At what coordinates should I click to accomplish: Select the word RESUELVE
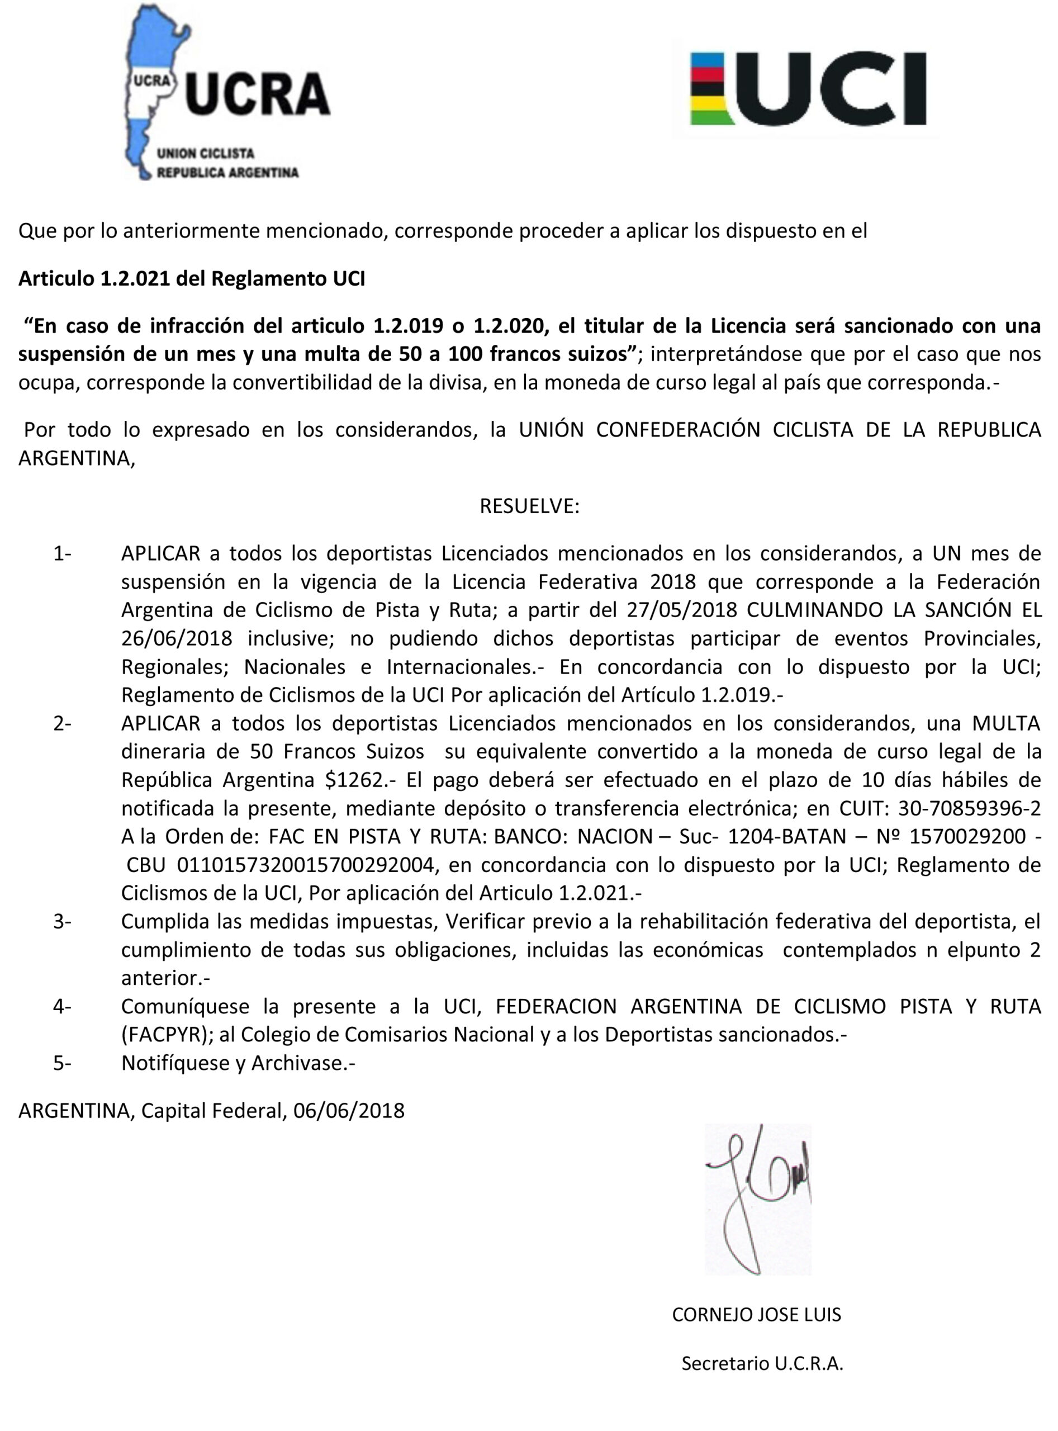click(529, 506)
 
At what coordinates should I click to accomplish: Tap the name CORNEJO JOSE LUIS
click(756, 1314)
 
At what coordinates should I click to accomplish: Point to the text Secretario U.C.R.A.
click(762, 1363)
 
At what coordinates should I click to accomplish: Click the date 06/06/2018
click(349, 1110)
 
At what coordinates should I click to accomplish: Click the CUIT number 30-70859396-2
click(970, 808)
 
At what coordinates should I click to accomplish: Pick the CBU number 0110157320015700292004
click(307, 865)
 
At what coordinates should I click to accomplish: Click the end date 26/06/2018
click(177, 638)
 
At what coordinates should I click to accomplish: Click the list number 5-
click(62, 1063)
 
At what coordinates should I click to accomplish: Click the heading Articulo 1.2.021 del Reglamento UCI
click(192, 278)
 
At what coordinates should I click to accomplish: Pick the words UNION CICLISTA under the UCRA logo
click(206, 154)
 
